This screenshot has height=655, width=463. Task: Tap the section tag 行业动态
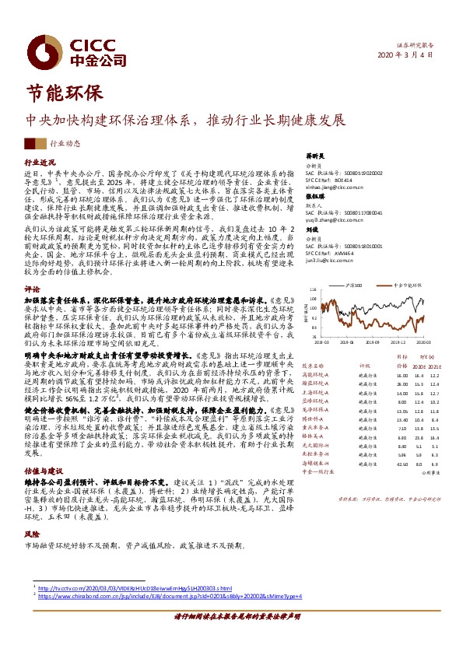(x=65, y=143)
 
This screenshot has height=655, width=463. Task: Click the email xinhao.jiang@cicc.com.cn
(x=333, y=188)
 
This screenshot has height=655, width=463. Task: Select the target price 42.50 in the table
(x=402, y=463)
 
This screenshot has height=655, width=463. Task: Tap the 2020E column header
(x=419, y=365)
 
